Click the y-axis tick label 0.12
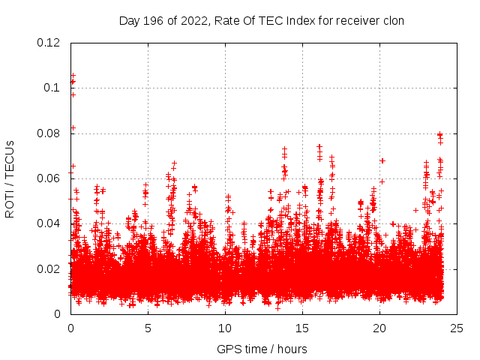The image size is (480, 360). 49,43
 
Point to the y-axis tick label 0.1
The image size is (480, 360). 52,88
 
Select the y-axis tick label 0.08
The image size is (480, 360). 49,133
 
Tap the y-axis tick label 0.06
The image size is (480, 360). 49,178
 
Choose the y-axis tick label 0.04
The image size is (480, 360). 49,223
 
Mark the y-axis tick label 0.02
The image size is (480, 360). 49,268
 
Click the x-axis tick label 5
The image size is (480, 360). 148,328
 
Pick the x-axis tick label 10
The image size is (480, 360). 225,328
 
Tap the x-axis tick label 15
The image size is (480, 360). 302,328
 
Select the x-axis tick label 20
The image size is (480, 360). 379,328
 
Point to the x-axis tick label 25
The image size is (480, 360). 457,328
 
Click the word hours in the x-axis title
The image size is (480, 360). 290,349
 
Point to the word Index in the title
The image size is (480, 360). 292,21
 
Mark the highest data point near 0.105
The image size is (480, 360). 73,75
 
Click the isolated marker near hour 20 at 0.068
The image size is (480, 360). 382,160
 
